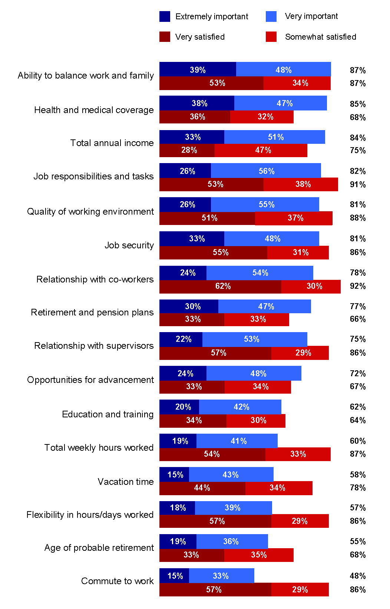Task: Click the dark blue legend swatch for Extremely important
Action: [x=165, y=16]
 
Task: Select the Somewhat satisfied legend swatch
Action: [x=271, y=37]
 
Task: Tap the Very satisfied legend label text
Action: [x=200, y=37]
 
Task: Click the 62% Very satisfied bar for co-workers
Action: [x=220, y=286]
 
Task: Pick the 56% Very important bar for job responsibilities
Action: [x=266, y=171]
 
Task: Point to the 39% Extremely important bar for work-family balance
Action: [x=198, y=70]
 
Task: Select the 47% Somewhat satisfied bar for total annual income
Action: [x=261, y=150]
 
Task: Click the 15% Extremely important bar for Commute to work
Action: [x=174, y=576]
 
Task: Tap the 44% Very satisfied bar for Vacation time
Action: [x=202, y=488]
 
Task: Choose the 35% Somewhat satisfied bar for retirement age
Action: [x=259, y=555]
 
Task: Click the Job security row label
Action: [x=129, y=245]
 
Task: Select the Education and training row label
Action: [x=108, y=414]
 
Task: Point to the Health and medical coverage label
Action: [x=94, y=110]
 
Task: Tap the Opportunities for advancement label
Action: [x=90, y=380]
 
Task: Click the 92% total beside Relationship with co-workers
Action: [x=358, y=286]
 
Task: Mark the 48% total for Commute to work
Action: [x=358, y=576]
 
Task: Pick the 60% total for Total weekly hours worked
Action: [x=358, y=441]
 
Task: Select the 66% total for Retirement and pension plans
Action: [x=358, y=319]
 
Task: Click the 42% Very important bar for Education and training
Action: [x=240, y=407]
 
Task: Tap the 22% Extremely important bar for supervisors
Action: [x=181, y=339]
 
